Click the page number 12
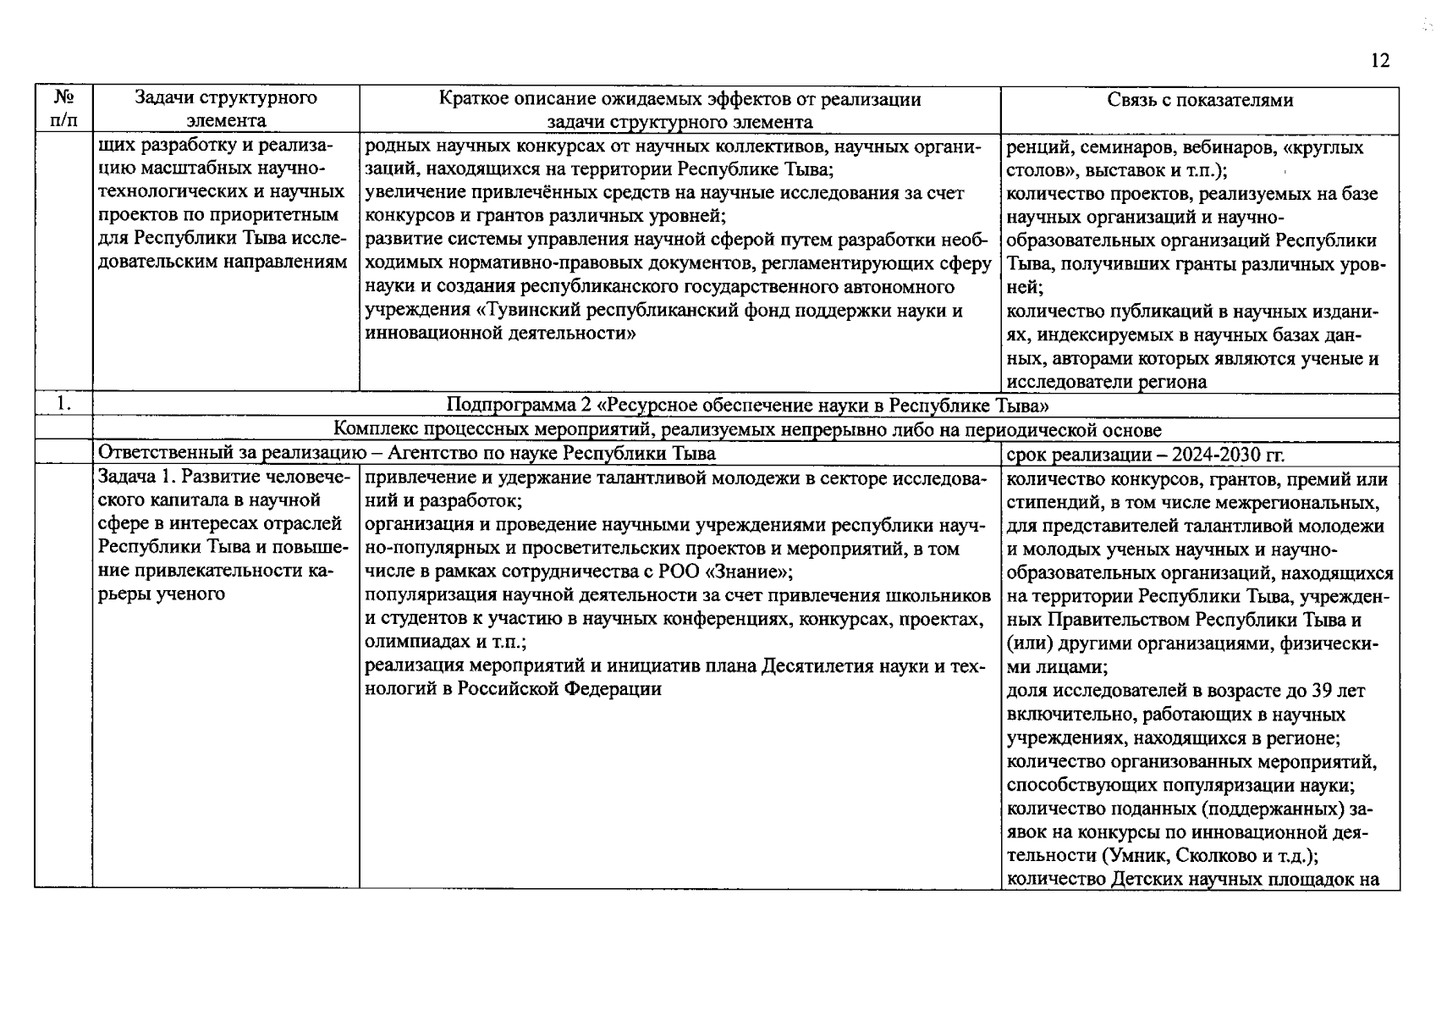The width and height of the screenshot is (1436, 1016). coord(1379,61)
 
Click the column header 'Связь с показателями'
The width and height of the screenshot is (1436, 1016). coord(1199,100)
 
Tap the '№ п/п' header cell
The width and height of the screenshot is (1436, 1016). coord(63,109)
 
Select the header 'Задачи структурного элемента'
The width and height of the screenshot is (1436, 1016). coord(226,109)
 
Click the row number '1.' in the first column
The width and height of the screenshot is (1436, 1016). coord(63,405)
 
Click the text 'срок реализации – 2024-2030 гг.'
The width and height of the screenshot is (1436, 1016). coord(1145,455)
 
